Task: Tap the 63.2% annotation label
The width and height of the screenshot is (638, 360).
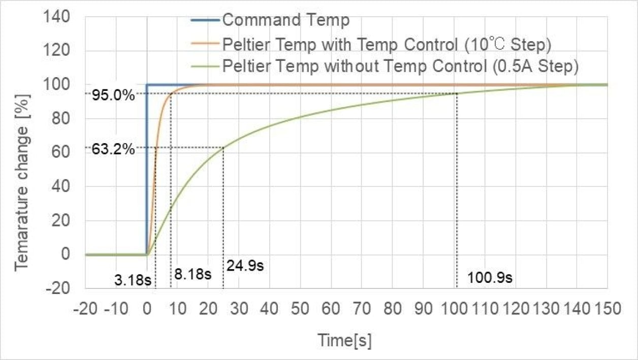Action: pyautogui.click(x=113, y=149)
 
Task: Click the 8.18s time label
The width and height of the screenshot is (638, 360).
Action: pyautogui.click(x=193, y=274)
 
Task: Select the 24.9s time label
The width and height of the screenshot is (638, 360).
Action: pyautogui.click(x=245, y=266)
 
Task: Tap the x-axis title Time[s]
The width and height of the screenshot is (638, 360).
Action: pyautogui.click(x=344, y=340)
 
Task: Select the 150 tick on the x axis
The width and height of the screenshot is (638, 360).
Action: pyautogui.click(x=607, y=309)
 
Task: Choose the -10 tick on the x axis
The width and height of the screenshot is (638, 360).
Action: pyautogui.click(x=116, y=309)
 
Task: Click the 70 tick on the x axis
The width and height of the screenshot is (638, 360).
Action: pyautogui.click(x=362, y=309)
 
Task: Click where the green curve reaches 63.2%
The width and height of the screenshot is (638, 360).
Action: pyautogui.click(x=223, y=148)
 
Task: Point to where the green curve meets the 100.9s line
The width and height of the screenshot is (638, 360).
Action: pyautogui.click(x=457, y=93)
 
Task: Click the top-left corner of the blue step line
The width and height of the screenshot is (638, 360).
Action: pyautogui.click(x=147, y=85)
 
